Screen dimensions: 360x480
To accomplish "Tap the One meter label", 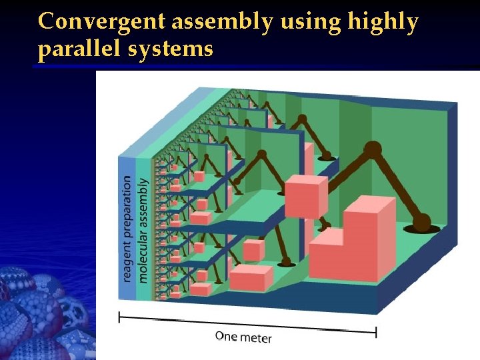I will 243,337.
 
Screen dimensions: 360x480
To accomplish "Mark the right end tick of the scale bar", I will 377,331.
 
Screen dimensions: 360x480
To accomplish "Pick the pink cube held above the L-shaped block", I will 306,195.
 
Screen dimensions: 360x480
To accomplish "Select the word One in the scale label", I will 226,335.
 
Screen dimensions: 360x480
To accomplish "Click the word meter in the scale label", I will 255,338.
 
